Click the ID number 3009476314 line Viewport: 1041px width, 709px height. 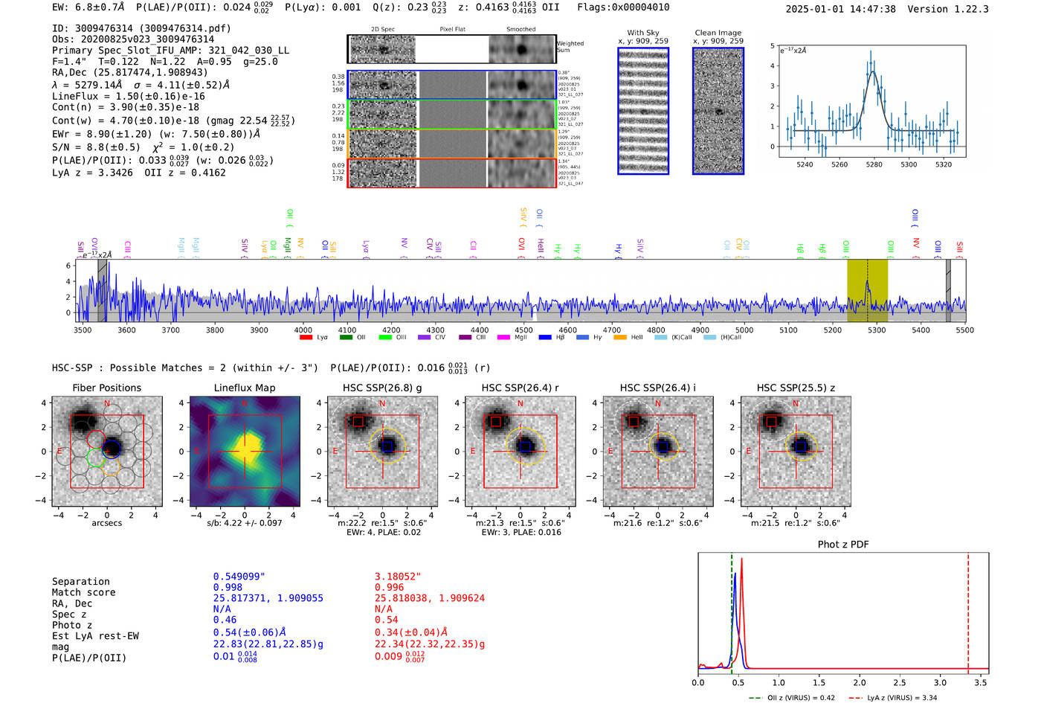click(x=141, y=28)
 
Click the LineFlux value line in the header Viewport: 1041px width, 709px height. click(x=128, y=97)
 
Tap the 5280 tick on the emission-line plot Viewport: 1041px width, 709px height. click(x=874, y=164)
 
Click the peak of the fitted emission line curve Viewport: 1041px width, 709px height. click(x=872, y=71)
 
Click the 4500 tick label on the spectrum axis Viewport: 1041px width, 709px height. click(x=523, y=330)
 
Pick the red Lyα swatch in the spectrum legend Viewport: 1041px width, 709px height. click(x=306, y=338)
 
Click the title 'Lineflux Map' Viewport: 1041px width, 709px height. click(x=244, y=388)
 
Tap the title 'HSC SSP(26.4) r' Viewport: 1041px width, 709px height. click(x=520, y=388)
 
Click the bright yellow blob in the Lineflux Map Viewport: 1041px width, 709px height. click(x=245, y=449)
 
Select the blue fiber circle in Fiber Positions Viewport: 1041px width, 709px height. click(x=112, y=448)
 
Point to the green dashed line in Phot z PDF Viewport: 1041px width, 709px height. click(x=732, y=610)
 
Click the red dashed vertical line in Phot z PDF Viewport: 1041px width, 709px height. click(x=968, y=610)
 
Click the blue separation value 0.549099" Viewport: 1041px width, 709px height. click(x=239, y=577)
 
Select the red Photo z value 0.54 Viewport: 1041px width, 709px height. click(x=386, y=620)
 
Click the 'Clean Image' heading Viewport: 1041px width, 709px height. click(x=718, y=33)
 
